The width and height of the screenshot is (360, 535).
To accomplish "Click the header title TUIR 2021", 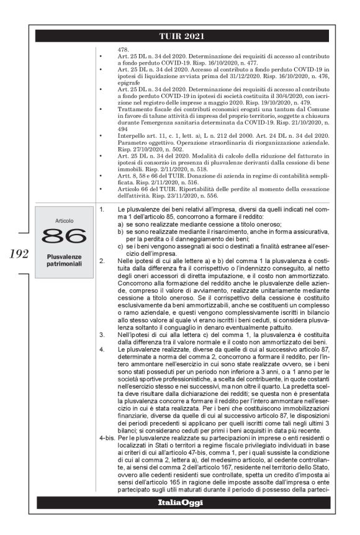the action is (180, 35).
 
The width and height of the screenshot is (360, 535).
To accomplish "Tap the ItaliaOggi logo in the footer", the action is (180, 519).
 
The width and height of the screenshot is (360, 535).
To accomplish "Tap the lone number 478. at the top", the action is (122, 48).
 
